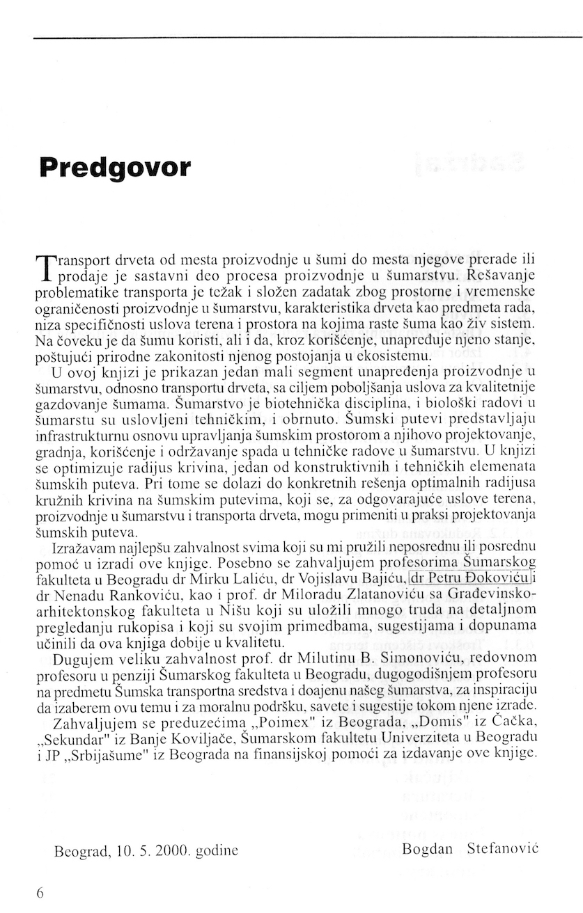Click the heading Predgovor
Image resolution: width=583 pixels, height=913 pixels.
(115, 168)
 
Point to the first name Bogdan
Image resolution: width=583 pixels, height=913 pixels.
(426, 850)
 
